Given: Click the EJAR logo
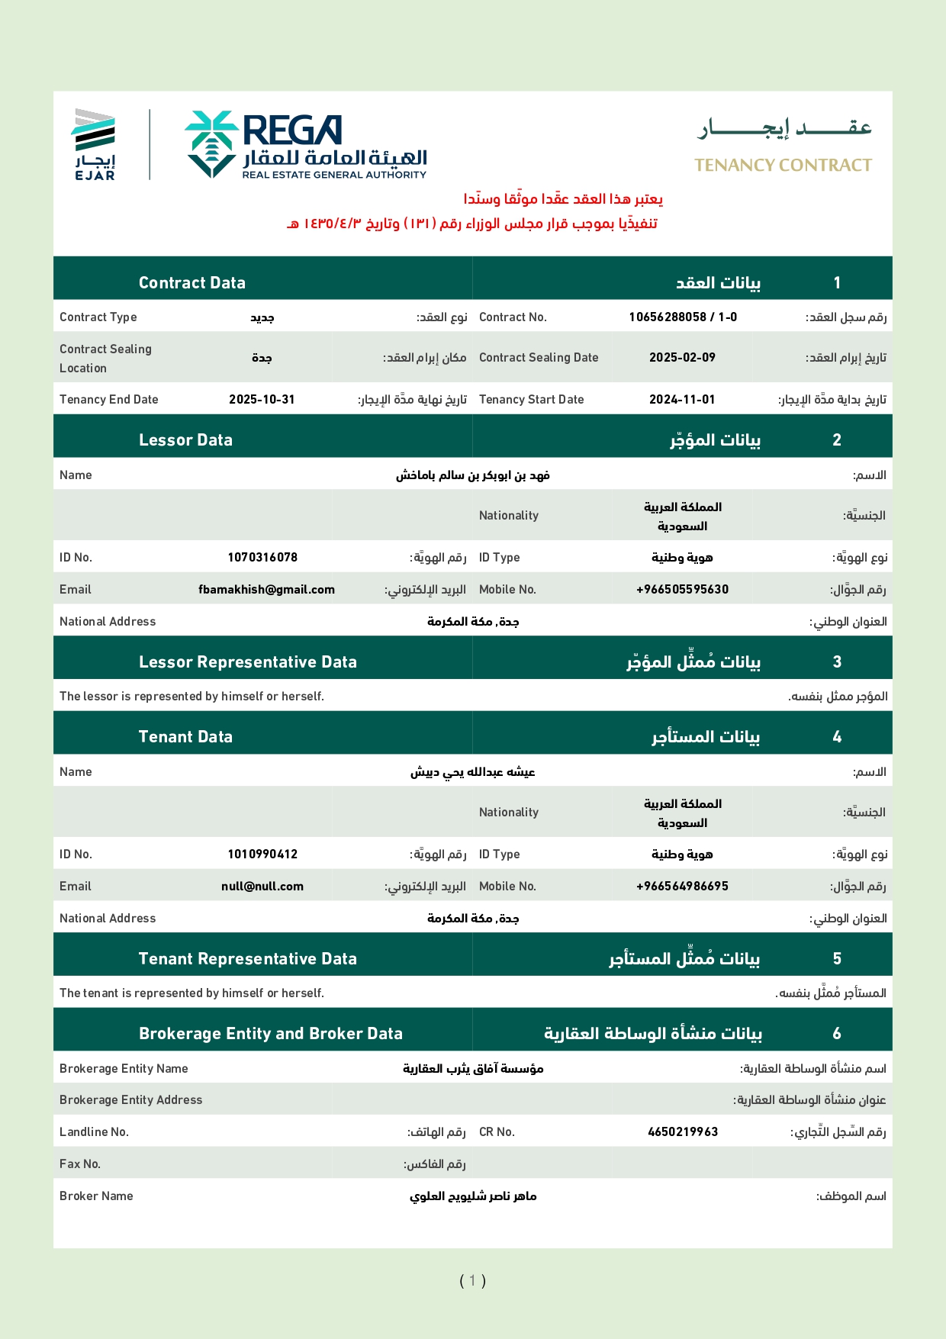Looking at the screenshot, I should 95,144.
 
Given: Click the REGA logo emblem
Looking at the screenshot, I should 211,144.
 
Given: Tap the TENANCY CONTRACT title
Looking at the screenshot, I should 783,166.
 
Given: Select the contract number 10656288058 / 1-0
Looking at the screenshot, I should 683,317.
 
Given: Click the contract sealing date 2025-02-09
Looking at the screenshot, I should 682,358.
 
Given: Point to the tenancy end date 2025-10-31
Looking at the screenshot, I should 262,400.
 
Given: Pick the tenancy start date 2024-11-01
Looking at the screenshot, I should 682,400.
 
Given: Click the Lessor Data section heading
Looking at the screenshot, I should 185,440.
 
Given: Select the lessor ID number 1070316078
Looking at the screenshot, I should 262,558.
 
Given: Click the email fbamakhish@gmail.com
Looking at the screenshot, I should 266,590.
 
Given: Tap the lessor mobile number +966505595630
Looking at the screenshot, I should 682,590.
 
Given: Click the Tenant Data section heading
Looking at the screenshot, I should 185,737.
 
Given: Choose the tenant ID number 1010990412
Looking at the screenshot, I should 262,855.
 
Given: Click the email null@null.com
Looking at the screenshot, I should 262,887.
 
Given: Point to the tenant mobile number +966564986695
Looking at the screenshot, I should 682,887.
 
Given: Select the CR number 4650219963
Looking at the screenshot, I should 683,1132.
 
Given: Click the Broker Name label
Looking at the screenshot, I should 96,1196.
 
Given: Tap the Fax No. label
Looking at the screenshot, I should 80,1164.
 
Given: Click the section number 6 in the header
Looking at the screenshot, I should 837,1034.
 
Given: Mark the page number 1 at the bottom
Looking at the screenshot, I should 472,1280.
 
